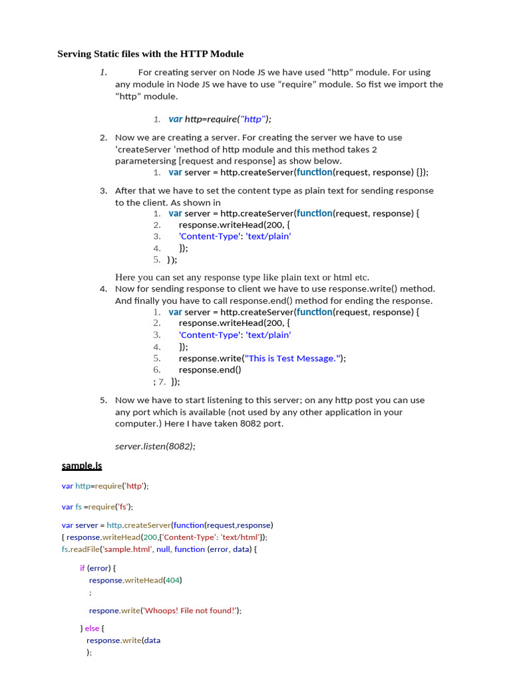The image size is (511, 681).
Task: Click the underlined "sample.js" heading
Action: point(82,466)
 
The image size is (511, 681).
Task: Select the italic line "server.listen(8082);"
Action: point(155,446)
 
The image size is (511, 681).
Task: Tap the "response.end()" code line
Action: point(210,370)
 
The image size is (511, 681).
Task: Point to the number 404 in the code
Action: point(172,580)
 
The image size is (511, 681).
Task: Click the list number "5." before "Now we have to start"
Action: point(104,400)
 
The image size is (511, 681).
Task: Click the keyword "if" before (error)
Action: point(83,568)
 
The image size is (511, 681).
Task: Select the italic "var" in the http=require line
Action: point(176,119)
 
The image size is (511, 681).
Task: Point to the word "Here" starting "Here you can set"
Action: point(125,277)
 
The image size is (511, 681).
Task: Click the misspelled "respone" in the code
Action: point(104,611)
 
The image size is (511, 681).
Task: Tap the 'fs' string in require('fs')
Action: point(123,507)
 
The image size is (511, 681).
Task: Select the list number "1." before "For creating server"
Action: point(104,72)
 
